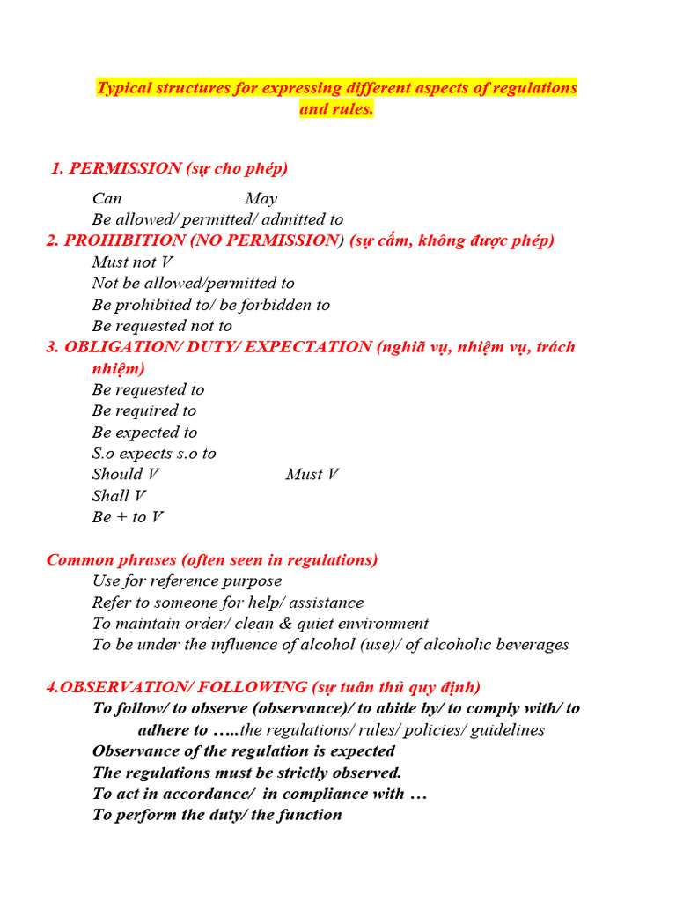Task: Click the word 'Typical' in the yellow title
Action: click(123, 88)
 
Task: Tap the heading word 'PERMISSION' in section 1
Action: click(114, 168)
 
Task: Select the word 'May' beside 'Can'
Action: click(261, 199)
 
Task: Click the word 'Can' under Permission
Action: click(107, 199)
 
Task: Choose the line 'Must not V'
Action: click(132, 262)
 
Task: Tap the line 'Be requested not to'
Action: click(162, 326)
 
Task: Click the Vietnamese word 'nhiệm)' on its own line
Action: click(119, 368)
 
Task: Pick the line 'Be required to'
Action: click(144, 410)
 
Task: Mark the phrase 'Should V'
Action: click(126, 475)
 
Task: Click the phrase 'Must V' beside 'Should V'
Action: click(312, 475)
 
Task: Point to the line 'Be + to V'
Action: click(128, 517)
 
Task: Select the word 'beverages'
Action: click(530, 645)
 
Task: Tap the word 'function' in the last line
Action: click(310, 815)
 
